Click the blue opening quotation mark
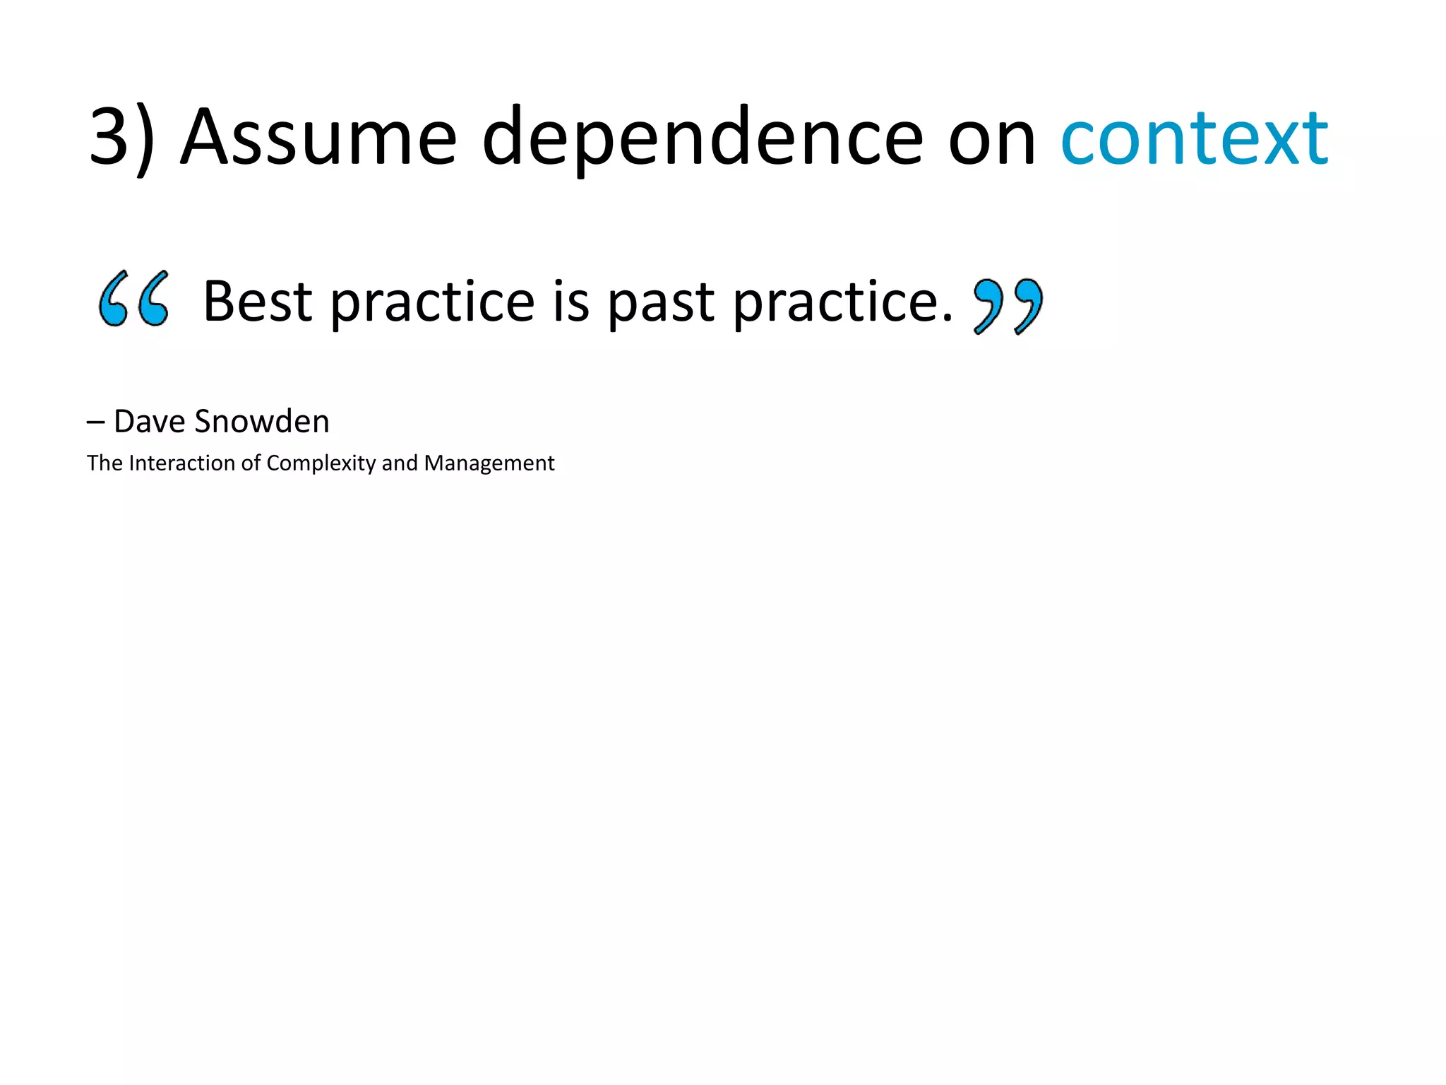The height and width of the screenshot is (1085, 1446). (134, 299)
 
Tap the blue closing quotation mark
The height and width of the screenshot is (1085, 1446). (1008, 306)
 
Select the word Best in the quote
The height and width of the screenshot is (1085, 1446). (257, 302)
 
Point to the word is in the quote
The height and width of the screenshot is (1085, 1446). (570, 302)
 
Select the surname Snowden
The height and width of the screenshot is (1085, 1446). (262, 422)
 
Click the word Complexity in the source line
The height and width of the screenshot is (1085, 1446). (321, 464)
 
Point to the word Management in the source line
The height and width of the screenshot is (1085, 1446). (489, 464)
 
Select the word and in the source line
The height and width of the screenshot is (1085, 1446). (400, 463)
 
